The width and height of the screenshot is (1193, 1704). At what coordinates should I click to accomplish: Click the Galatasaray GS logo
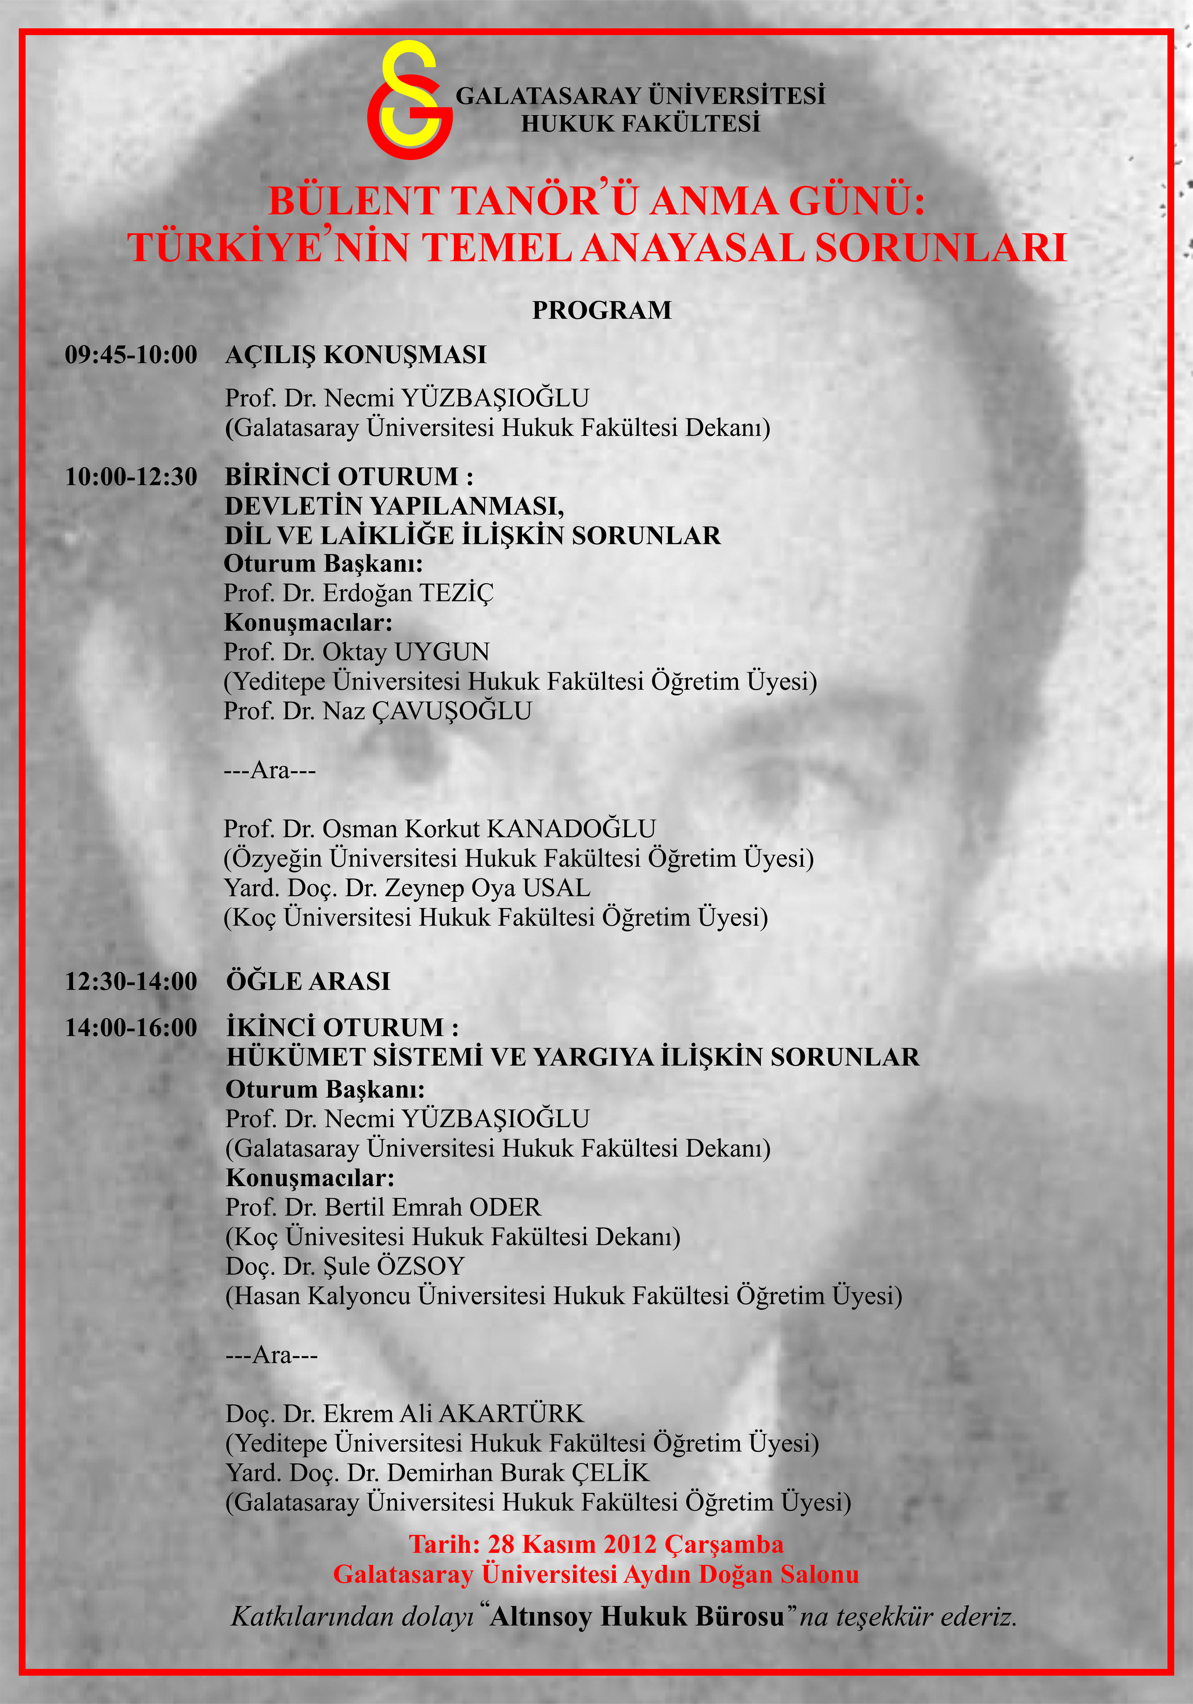[x=409, y=100]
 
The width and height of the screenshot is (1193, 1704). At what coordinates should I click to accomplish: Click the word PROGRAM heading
[x=601, y=310]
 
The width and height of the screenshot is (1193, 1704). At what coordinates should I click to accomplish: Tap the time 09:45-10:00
[x=131, y=355]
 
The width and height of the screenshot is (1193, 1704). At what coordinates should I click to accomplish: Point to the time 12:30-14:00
[x=131, y=981]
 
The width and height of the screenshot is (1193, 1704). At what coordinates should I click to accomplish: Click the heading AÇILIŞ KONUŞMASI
[x=356, y=355]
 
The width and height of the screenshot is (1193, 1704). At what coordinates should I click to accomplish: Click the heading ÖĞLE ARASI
[x=308, y=981]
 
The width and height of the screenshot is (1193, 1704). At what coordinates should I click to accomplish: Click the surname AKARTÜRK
[x=511, y=1414]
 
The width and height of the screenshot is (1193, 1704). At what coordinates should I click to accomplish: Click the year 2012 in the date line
[x=630, y=1544]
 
